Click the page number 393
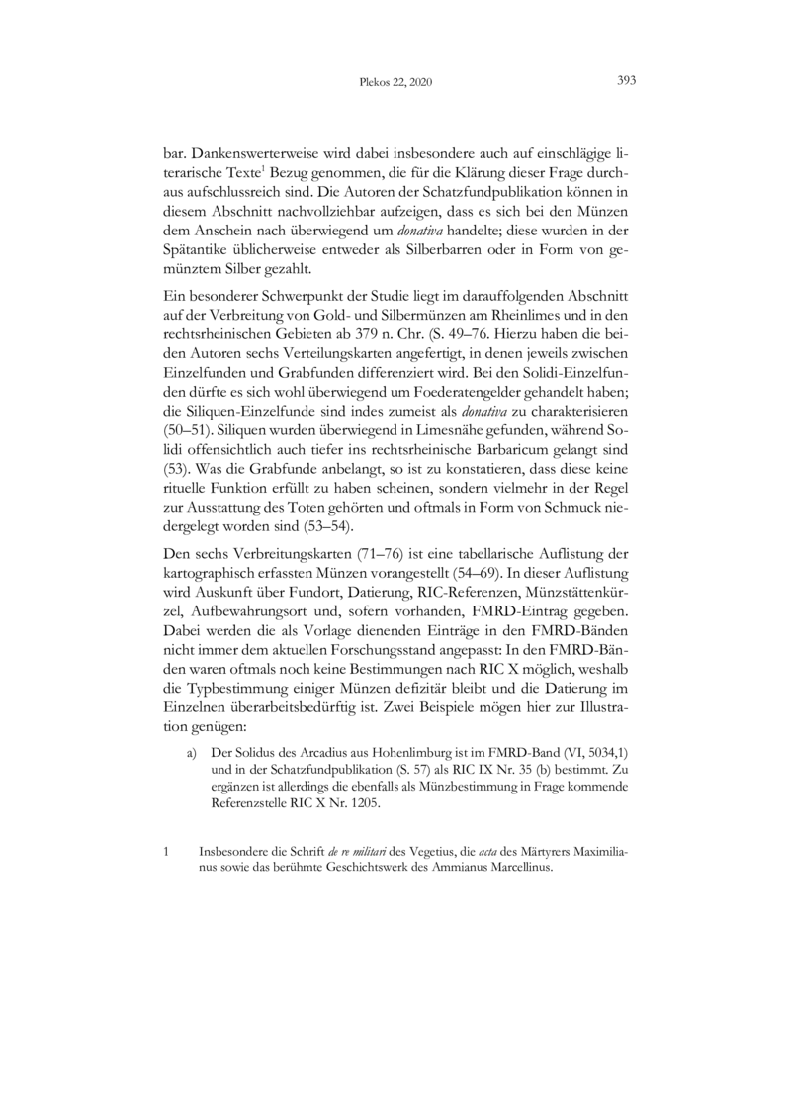coord(625,81)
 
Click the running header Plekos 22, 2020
coord(395,83)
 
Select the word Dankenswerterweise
coord(252,155)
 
